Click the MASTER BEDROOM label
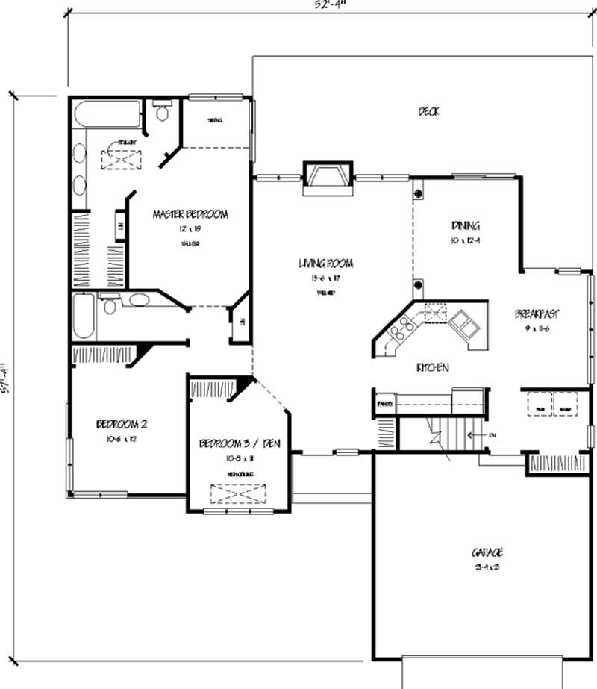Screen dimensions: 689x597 click(x=190, y=214)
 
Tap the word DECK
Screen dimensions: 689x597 click(x=428, y=112)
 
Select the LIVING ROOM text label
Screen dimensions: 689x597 click(x=326, y=264)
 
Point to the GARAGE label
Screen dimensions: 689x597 click(x=487, y=552)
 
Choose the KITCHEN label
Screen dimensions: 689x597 click(x=432, y=368)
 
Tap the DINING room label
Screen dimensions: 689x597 click(x=465, y=225)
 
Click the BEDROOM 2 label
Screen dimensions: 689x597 click(x=122, y=425)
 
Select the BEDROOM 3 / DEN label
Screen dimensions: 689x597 click(x=239, y=444)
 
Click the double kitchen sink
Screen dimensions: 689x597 click(x=465, y=323)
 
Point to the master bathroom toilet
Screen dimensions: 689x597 click(x=163, y=112)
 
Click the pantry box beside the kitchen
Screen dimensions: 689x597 click(x=384, y=404)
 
